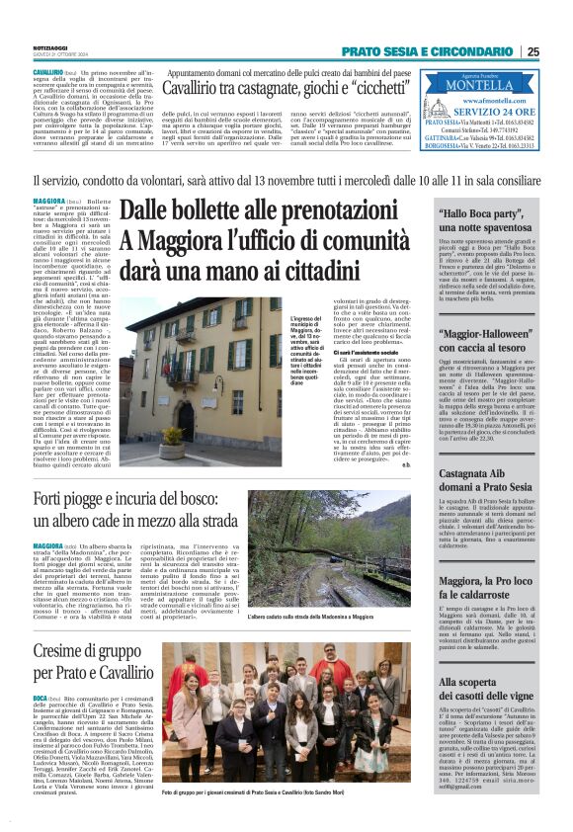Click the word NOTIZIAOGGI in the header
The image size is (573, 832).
point(50,46)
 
